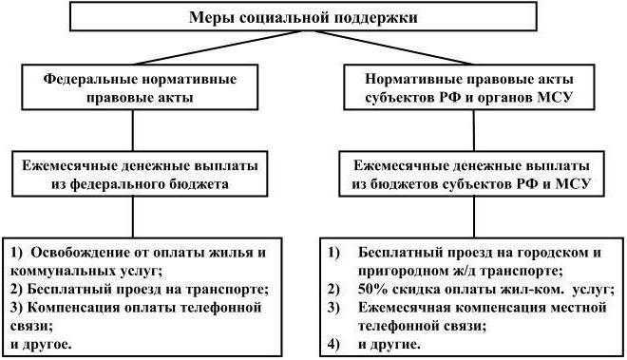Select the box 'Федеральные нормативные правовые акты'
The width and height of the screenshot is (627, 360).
pos(140,87)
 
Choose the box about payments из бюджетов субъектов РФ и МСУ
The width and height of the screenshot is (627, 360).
pos(470,172)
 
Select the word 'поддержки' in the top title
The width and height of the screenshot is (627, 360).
pos(385,18)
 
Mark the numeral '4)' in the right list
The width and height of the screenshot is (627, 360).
pos(332,342)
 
